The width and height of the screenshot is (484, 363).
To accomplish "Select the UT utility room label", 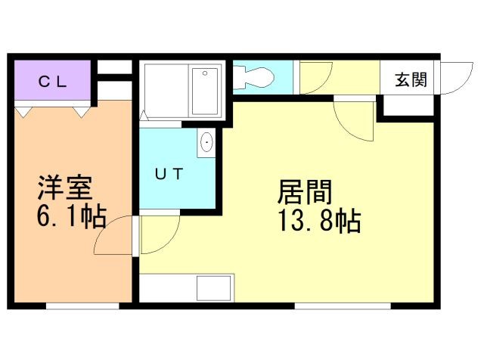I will click(169, 174).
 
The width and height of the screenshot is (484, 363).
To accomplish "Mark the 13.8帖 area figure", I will click(318, 222).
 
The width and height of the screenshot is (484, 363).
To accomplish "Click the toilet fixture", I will click(254, 75).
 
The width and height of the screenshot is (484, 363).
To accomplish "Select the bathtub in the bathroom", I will click(205, 92).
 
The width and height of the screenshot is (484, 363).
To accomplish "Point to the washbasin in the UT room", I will click(206, 142).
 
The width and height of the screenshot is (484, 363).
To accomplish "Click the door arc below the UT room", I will click(159, 233).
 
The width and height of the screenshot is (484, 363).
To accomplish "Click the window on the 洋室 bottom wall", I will click(82, 306).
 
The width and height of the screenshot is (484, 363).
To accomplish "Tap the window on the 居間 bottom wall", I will click(342, 306).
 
